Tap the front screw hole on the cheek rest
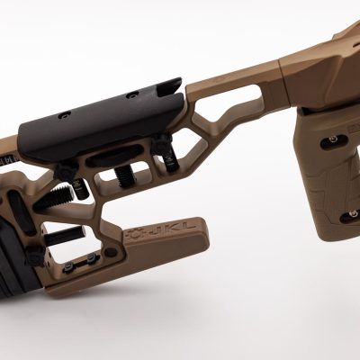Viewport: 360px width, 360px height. tap(132, 94)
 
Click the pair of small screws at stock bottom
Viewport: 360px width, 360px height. tap(92, 259)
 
